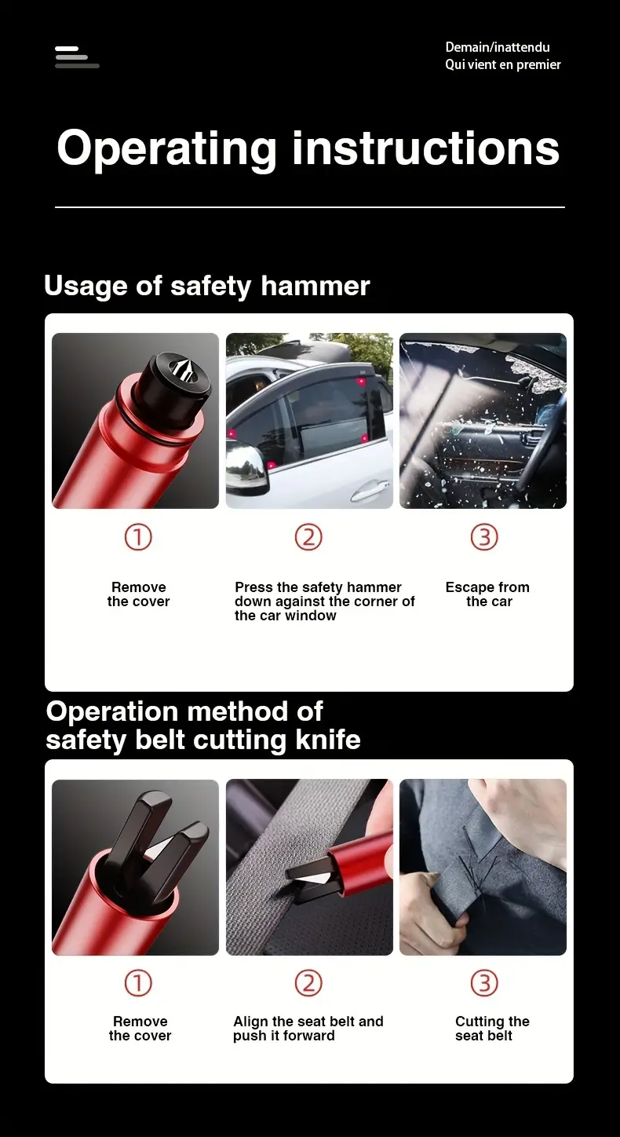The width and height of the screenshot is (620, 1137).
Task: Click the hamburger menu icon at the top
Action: pos(76,57)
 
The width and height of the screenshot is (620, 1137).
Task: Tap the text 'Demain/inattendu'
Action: pos(498,47)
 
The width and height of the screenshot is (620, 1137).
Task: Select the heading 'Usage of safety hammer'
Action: pos(206,286)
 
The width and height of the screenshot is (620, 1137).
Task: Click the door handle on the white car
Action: pos(370,492)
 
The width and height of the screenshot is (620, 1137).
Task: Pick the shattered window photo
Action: pos(483,421)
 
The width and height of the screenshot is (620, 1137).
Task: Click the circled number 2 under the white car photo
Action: pos(308,537)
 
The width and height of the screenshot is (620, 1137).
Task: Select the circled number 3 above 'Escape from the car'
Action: pos(483,537)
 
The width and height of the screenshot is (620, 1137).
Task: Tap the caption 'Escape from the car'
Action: pos(487,594)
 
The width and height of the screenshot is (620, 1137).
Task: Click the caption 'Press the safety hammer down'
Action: pos(324,601)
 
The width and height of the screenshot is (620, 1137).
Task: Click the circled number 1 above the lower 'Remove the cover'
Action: pos(138,983)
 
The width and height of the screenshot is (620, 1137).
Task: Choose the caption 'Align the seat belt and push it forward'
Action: pos(308,1029)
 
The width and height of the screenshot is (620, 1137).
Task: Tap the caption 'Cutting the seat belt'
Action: pos(491,1029)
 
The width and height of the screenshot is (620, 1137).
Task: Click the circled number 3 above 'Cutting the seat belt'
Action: pos(483,983)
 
